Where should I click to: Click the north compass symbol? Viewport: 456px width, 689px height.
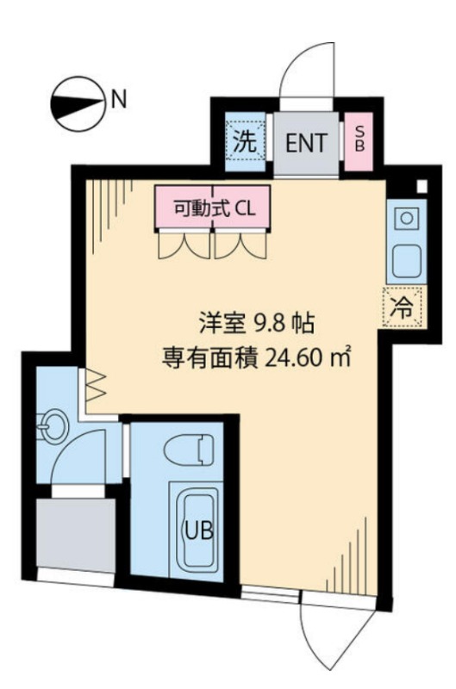(x=78, y=103)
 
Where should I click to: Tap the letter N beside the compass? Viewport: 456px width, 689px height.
(x=119, y=99)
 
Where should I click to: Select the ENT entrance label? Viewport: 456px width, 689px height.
(x=306, y=143)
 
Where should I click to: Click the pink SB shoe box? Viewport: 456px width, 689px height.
(x=359, y=141)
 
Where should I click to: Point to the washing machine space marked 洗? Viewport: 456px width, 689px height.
(x=245, y=142)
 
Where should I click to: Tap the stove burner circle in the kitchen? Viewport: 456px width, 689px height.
(x=406, y=218)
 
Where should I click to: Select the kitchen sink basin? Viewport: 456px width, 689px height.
(x=407, y=261)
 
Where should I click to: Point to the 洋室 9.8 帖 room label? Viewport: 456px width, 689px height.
(x=256, y=324)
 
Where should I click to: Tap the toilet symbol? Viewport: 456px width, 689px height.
(x=189, y=449)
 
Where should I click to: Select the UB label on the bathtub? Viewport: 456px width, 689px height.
(x=199, y=531)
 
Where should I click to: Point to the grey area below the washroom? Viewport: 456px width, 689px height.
(x=76, y=535)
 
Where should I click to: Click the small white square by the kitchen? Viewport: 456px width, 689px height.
(x=422, y=186)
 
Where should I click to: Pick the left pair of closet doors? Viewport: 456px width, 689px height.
(x=184, y=245)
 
